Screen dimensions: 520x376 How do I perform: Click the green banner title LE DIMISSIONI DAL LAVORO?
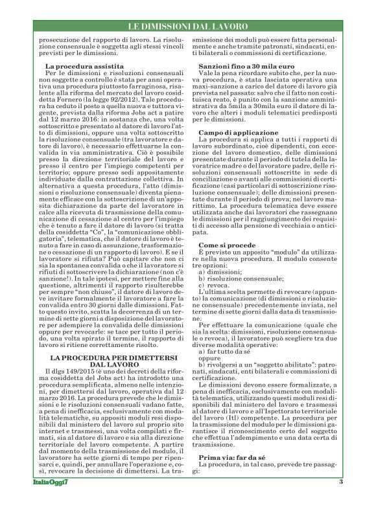pos(188,27)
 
